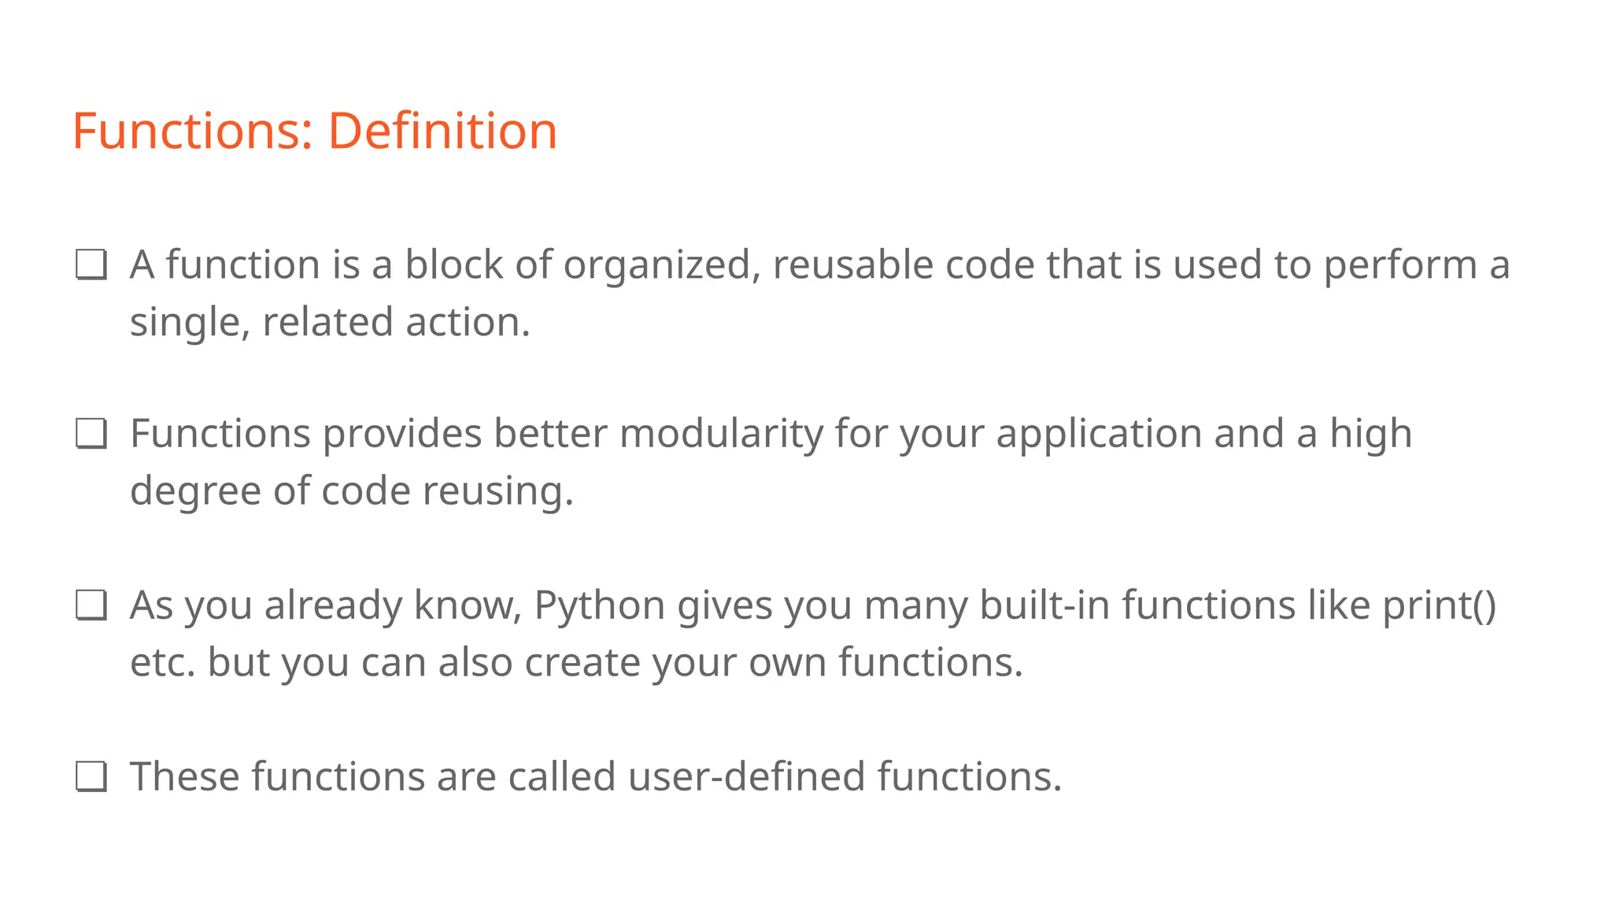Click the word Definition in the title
click(x=442, y=131)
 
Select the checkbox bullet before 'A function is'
click(x=91, y=265)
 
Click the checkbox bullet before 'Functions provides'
click(x=91, y=434)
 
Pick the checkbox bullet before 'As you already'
click(x=91, y=605)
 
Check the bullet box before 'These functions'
click(x=91, y=776)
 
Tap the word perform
click(x=1400, y=266)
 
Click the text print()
click(x=1439, y=606)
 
